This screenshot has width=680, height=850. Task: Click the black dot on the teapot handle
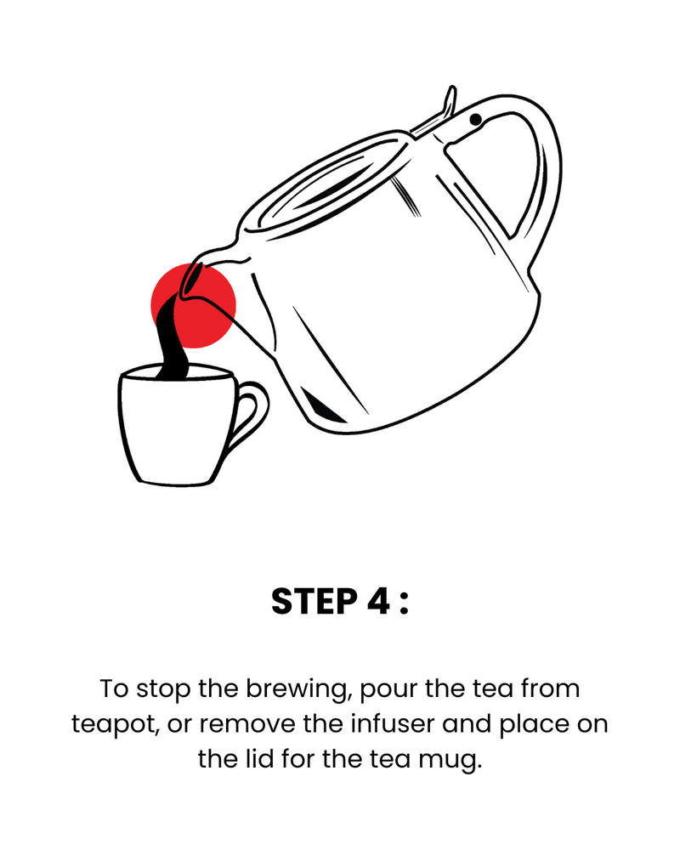click(x=475, y=119)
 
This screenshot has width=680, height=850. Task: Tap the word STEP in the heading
click(x=314, y=601)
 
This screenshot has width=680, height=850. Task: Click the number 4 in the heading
click(x=378, y=601)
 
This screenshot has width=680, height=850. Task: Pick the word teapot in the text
click(x=116, y=725)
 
